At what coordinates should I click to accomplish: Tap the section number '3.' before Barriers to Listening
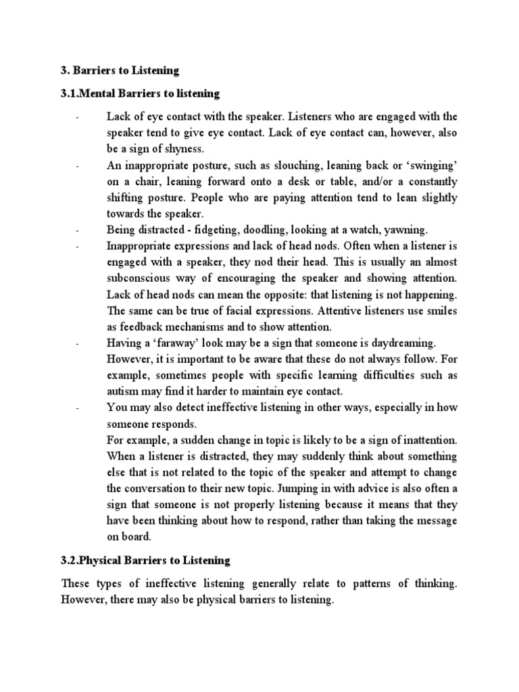[x=66, y=70]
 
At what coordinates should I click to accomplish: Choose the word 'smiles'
[x=440, y=311]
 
